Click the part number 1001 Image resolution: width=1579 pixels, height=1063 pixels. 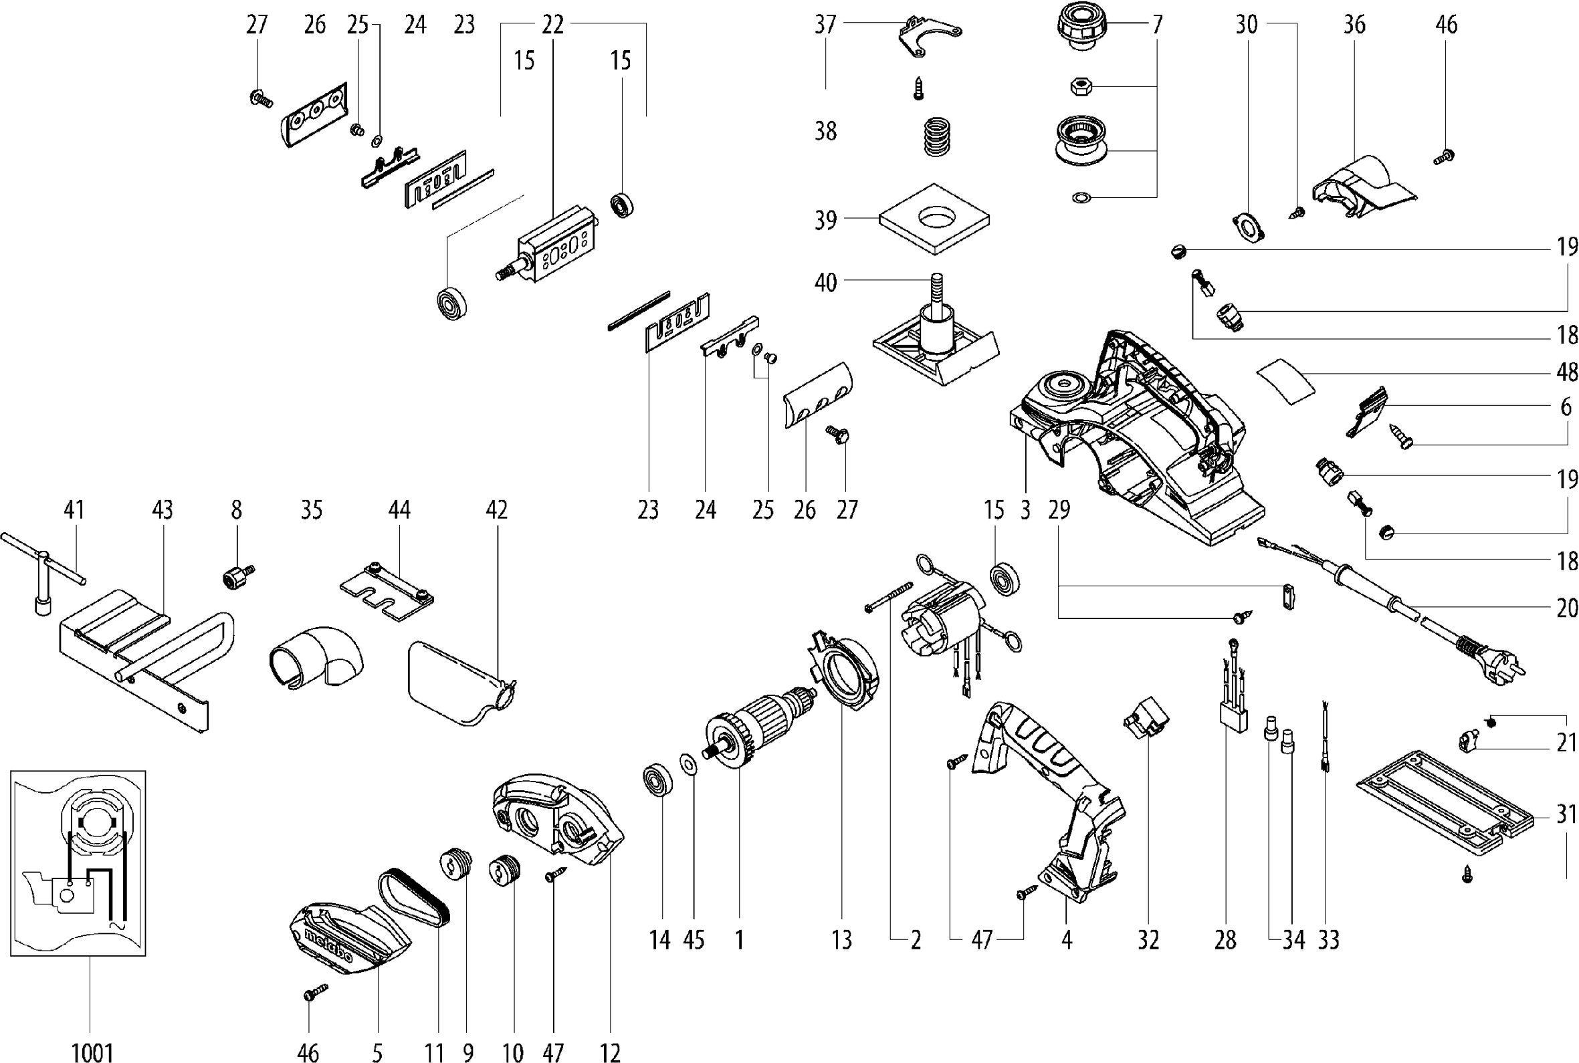[92, 1052]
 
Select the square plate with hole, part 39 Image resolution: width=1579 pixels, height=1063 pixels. [934, 219]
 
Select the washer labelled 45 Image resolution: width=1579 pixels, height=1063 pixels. [690, 765]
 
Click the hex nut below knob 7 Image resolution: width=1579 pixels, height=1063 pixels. [1079, 86]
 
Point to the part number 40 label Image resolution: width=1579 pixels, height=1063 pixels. [825, 282]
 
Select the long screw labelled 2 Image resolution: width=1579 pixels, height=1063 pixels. [889, 596]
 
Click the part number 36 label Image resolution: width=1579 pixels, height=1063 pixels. [1354, 25]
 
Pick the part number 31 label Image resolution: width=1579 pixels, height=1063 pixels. [1566, 814]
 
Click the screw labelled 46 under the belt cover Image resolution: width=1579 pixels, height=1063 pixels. [315, 994]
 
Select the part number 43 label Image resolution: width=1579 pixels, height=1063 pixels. [162, 510]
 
